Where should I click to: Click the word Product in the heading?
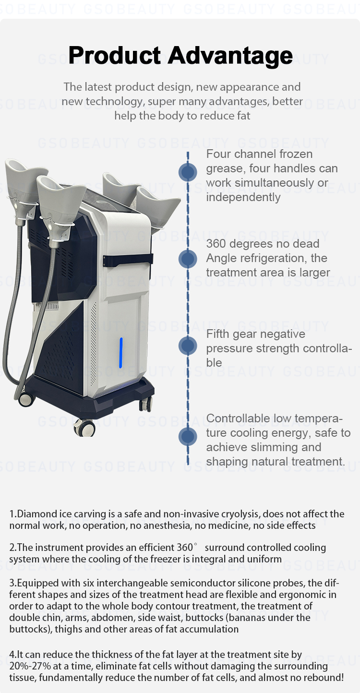115,55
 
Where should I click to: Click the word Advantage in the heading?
230,56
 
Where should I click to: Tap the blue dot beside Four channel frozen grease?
188,172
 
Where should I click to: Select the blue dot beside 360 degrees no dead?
188,259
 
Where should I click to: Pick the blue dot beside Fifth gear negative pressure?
188,346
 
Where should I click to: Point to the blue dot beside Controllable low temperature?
188,437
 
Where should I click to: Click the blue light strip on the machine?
121,353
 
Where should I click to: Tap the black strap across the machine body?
128,260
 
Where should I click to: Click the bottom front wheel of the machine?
84,428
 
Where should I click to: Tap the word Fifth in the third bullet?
218,334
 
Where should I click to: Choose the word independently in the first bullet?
243,197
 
